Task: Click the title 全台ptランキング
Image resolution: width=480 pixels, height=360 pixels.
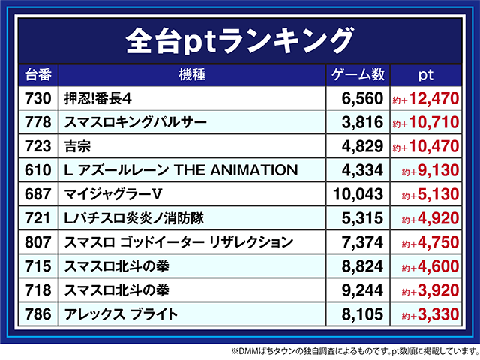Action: [240, 37]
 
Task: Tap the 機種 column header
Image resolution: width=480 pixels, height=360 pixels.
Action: [192, 75]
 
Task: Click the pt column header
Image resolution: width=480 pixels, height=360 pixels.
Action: [425, 75]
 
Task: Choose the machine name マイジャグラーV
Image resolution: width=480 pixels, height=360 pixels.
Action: [113, 194]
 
